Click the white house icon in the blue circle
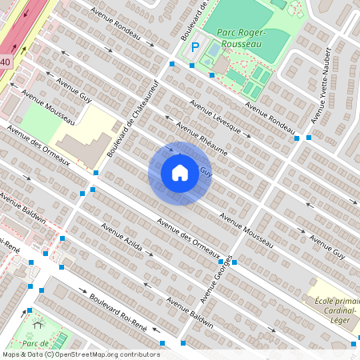(x=179, y=173)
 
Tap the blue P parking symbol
(x=194, y=48)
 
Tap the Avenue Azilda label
(x=121, y=238)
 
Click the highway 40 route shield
(x=6, y=62)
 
